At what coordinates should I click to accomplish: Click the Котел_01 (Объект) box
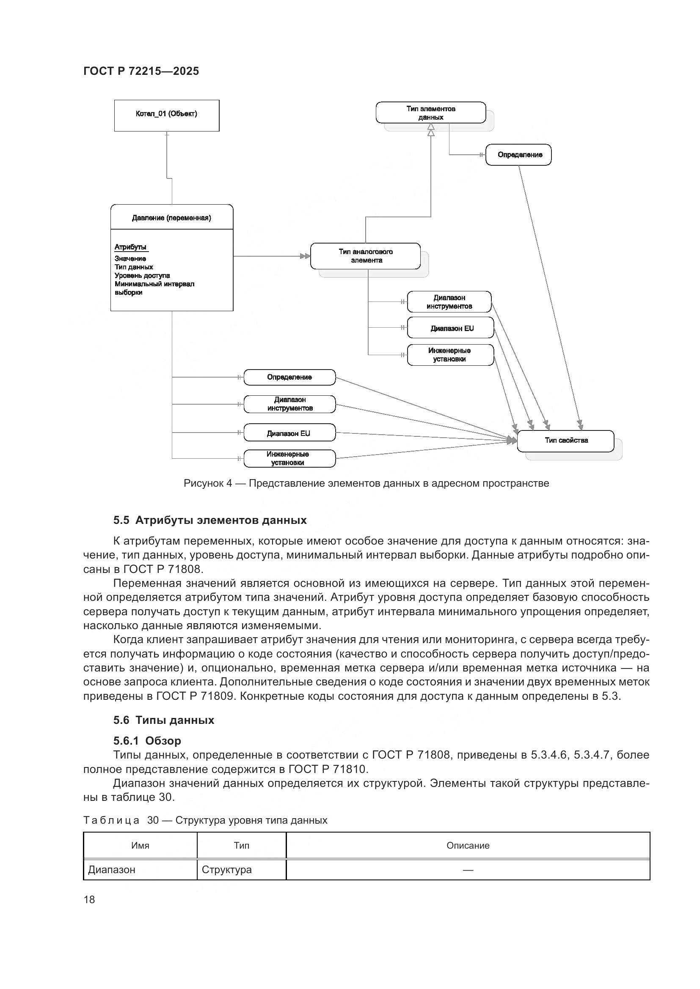pos(166,115)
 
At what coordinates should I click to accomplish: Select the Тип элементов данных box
pos(430,112)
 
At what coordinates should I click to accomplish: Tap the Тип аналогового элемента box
pos(366,256)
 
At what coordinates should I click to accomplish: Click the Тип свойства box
pos(565,441)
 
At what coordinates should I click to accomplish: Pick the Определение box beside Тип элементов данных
pos(518,155)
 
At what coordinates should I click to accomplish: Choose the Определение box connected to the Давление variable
pos(289,377)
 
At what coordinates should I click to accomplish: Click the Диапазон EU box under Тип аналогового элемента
pos(450,328)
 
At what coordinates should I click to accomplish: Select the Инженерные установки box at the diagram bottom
pos(289,458)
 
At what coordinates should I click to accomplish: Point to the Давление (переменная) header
pos(171,217)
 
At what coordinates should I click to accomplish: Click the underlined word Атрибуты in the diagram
pos(131,247)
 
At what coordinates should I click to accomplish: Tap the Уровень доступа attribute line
pos(142,275)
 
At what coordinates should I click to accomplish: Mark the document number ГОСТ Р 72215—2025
pos(141,71)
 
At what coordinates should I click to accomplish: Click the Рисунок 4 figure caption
pos(366,483)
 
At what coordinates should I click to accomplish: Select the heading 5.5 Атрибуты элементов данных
pos(210,521)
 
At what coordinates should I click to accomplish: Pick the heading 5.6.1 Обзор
pos(147,740)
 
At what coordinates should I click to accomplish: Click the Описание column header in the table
pos(468,846)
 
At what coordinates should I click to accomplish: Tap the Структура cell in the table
pos(227,870)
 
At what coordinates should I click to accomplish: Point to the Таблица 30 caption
pos(205,820)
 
